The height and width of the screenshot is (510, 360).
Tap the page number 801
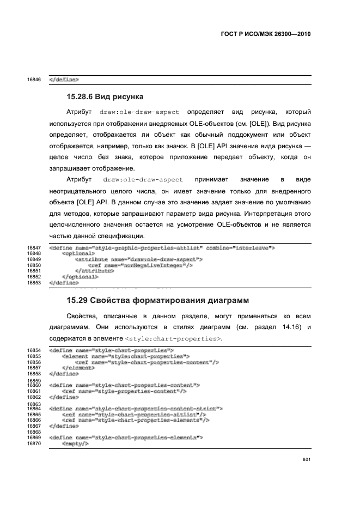306,460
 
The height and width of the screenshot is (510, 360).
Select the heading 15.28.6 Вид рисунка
105,97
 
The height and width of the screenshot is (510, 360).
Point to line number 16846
34,80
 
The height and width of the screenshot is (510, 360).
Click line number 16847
34,248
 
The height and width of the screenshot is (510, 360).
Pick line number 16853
34,283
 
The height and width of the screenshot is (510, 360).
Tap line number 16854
34,350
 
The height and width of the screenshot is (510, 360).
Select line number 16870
34,444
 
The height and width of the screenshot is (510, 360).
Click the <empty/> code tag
75,444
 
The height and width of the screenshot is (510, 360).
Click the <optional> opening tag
78,254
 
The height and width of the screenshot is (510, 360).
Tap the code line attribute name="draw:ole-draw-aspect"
138,260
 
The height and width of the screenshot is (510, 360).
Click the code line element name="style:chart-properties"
125,356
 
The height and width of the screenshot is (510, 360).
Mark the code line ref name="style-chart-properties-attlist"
134,415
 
